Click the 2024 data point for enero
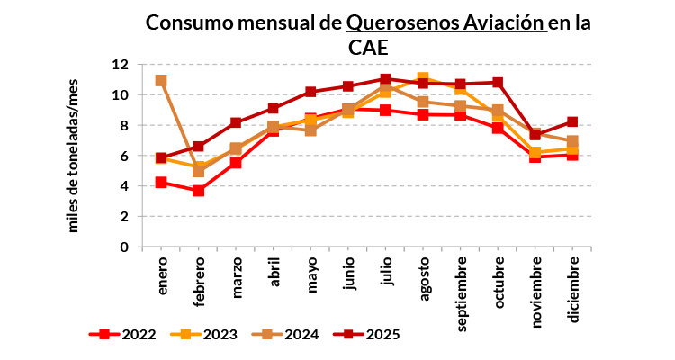tap(161, 80)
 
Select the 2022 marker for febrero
tap(199, 191)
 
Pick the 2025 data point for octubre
tap(499, 83)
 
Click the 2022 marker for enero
tap(161, 182)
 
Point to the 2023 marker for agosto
tap(424, 78)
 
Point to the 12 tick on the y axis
tap(120, 65)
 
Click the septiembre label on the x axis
tap(462, 292)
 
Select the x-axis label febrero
tap(199, 283)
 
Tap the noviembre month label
tap(536, 290)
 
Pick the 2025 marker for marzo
tap(237, 122)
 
